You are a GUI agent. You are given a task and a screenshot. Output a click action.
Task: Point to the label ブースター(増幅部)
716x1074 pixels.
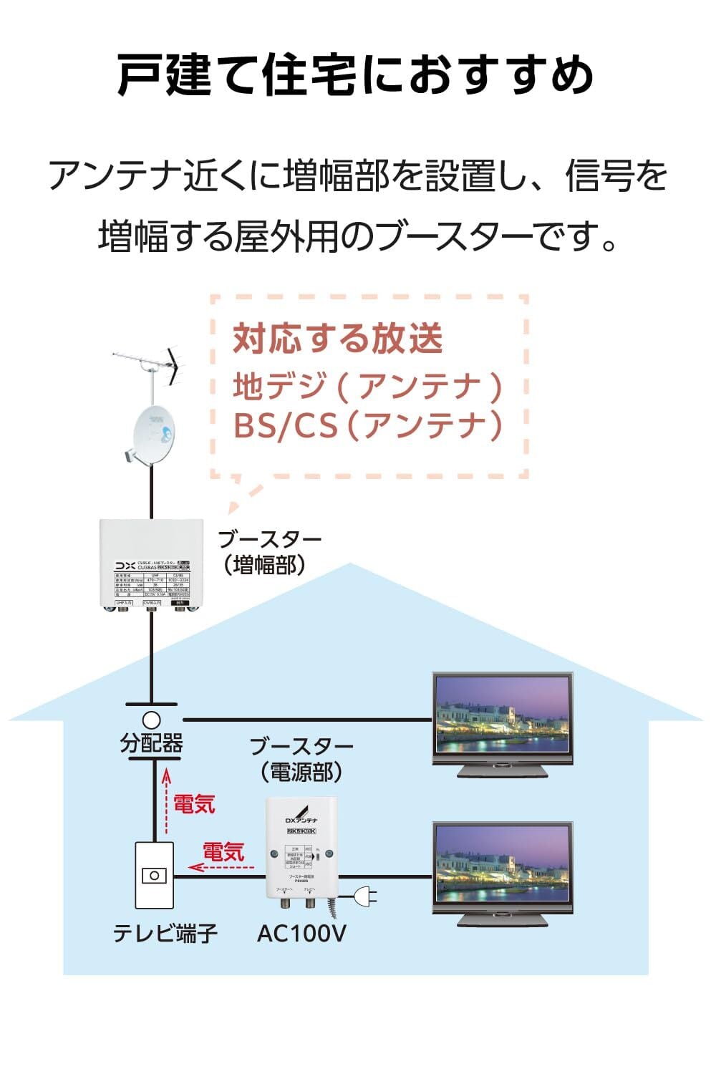click(269, 552)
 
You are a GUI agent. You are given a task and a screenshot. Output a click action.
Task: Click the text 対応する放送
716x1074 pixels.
click(338, 339)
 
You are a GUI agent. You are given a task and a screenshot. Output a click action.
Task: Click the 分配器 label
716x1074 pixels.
click(151, 743)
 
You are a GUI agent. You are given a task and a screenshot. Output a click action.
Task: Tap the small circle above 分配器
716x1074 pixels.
click(151, 719)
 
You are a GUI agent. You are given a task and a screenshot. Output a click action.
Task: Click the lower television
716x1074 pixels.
click(503, 874)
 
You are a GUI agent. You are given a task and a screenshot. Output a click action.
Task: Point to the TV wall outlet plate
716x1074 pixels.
click(154, 876)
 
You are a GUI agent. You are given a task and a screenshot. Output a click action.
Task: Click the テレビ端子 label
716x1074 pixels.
click(165, 933)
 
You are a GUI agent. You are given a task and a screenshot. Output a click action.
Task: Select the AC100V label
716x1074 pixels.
click(301, 933)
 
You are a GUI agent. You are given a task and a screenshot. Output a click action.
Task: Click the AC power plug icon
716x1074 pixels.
click(360, 896)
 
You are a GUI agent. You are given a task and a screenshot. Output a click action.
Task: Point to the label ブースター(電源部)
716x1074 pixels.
click(301, 759)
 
